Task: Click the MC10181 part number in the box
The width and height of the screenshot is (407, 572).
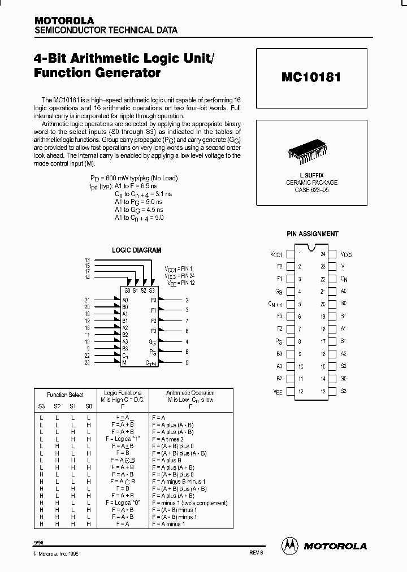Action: point(311,77)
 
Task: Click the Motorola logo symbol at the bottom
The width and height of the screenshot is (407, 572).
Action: point(290,545)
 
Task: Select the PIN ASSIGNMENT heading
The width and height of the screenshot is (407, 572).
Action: point(312,233)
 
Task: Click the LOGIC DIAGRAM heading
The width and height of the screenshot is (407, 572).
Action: point(137,249)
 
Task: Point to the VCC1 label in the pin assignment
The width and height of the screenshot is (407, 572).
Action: point(276,255)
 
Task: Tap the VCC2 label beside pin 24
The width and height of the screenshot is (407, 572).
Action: point(347,255)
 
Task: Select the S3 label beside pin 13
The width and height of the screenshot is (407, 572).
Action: point(344,391)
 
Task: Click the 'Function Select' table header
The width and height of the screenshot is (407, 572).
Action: point(66,395)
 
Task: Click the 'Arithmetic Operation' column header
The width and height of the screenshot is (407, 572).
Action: point(190,393)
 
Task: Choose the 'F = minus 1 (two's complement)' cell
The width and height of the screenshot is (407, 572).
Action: point(189,502)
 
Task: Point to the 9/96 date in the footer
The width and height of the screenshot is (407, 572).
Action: point(38,542)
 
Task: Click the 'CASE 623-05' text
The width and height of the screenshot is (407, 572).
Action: point(311,189)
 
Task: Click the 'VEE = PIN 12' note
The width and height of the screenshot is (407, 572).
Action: point(179,281)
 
